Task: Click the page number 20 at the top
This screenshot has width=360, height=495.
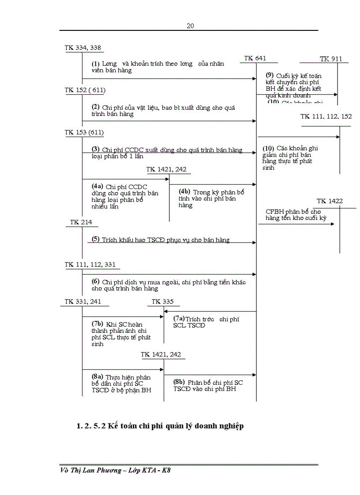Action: tap(190, 26)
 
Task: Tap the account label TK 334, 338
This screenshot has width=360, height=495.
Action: tap(83, 48)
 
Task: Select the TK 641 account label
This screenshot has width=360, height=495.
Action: tap(255, 59)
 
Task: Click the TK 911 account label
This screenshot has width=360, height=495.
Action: tap(331, 59)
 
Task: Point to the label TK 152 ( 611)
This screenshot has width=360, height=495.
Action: tap(85, 90)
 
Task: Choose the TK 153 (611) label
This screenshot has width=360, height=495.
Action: tap(84, 132)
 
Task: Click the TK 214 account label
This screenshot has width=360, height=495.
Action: tap(81, 222)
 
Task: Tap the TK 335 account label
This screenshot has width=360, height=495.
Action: tap(163, 301)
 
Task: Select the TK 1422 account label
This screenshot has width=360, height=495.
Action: tap(330, 201)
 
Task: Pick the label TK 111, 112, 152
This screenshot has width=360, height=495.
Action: tap(326, 116)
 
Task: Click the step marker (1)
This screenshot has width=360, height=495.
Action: tap(96, 64)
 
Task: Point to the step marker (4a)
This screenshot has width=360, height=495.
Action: tap(97, 186)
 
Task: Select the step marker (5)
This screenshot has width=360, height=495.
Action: tap(96, 239)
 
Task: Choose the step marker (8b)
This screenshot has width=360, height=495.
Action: tap(179, 382)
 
